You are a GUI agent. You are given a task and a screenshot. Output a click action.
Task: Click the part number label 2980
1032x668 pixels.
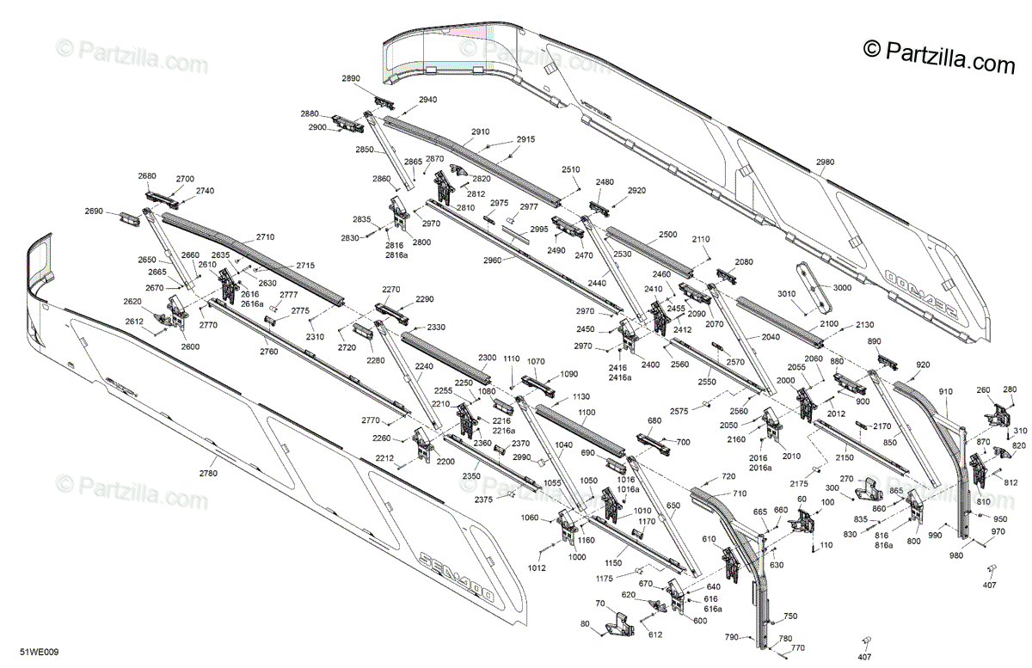point(825,162)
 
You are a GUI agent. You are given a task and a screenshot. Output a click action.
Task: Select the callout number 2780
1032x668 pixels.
point(208,473)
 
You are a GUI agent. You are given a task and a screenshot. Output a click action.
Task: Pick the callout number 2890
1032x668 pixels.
point(351,78)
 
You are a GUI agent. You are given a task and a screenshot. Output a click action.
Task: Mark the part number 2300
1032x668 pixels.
point(488,357)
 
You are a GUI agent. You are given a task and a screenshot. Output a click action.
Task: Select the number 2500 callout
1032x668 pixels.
point(668,234)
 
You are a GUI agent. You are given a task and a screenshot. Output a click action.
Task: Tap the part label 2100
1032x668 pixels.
point(829,323)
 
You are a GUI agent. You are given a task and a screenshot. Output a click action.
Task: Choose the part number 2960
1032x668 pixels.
point(492,260)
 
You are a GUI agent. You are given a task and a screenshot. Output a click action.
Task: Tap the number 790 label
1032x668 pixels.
point(731,637)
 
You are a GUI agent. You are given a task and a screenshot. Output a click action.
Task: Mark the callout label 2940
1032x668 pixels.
point(427,100)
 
